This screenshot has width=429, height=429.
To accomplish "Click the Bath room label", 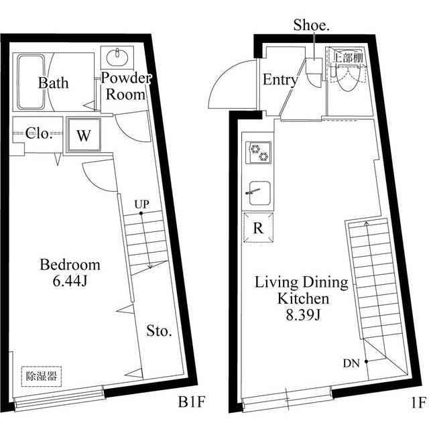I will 52,84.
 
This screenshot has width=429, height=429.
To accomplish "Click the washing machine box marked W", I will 83,135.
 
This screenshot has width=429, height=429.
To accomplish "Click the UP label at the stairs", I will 141,203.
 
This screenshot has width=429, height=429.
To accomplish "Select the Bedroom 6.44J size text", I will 70,281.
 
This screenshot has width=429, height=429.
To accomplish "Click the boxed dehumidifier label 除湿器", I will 41,376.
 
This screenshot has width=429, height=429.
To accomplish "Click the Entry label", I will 280,80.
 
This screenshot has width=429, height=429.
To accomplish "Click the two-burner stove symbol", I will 258,154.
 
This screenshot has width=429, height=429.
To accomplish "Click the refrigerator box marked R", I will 258,227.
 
